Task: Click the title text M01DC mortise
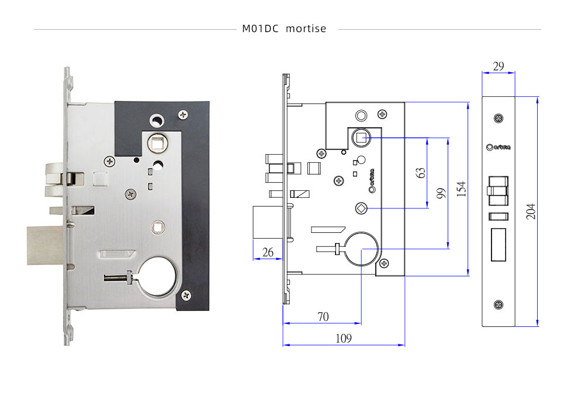pyautogui.click(x=284, y=29)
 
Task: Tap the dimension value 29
pyautogui.click(x=498, y=66)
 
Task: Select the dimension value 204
pyautogui.click(x=531, y=211)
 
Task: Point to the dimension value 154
pyautogui.click(x=461, y=189)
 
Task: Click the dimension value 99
pyautogui.click(x=441, y=193)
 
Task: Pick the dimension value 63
pyautogui.click(x=420, y=173)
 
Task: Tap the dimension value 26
pyautogui.click(x=268, y=252)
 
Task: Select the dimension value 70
pyautogui.click(x=323, y=317)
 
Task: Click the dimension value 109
pyautogui.click(x=344, y=338)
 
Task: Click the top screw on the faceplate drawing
pyautogui.click(x=498, y=118)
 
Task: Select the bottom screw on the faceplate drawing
pyautogui.click(x=498, y=304)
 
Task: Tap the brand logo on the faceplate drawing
pyautogui.click(x=498, y=147)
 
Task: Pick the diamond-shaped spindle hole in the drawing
pyautogui.click(x=361, y=208)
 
